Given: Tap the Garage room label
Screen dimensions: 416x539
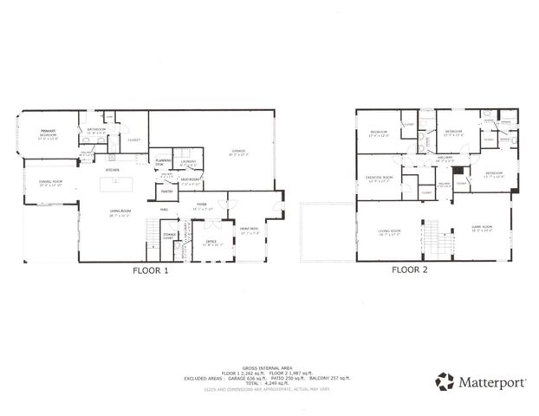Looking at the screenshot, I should pos(238,152).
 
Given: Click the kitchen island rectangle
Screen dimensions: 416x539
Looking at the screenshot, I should pos(121,183).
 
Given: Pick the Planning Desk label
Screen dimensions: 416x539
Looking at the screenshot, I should pos(162,162).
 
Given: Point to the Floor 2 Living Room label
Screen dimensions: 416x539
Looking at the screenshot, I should pos(388,231).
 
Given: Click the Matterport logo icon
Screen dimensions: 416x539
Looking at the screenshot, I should pos(445,381).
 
